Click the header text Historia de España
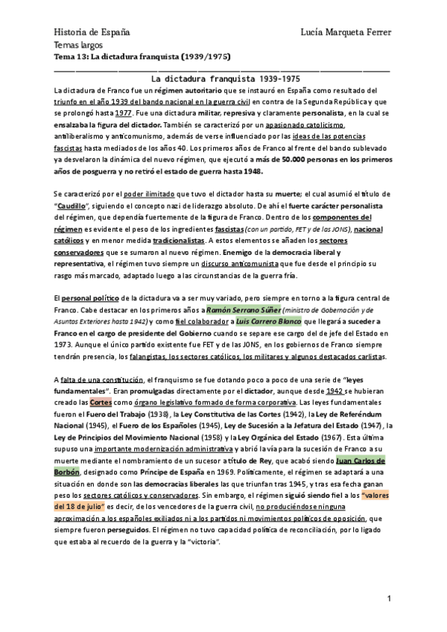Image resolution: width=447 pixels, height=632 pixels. point(92,32)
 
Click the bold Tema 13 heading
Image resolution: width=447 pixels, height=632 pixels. point(142,57)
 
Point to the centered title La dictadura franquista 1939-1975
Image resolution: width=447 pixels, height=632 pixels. point(226,78)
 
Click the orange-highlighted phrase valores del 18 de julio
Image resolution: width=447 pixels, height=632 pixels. point(364,496)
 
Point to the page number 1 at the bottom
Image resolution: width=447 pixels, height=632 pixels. point(389,600)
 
